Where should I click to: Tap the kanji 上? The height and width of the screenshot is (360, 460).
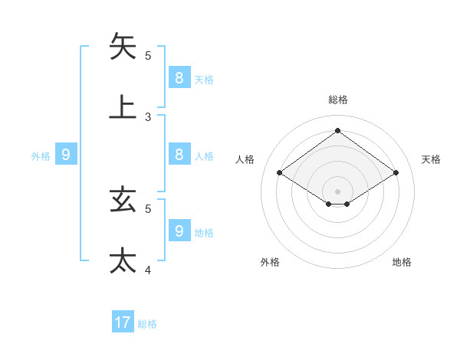tap(123, 106)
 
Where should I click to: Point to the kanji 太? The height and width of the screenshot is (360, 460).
tap(123, 260)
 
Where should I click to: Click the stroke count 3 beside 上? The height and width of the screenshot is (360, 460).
tap(148, 117)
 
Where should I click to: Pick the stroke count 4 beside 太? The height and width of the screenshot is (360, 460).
tap(148, 270)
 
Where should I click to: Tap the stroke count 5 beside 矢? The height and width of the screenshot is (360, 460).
tap(148, 56)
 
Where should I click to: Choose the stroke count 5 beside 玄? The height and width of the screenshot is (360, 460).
tap(148, 208)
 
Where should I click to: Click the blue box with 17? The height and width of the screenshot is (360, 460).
tap(123, 322)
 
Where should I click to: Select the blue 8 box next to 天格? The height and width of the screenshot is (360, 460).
tap(179, 77)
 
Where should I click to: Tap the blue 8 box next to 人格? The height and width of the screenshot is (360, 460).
tap(179, 154)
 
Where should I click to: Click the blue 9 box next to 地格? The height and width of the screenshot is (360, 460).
tap(179, 230)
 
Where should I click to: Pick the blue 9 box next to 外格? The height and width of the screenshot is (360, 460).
tap(66, 154)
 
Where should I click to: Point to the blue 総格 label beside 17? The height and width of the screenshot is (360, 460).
tap(147, 324)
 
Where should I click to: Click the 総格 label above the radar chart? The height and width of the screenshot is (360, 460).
tap(337, 100)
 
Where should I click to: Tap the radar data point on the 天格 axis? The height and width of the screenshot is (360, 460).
tap(396, 173)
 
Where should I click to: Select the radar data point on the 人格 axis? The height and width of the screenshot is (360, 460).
tap(280, 173)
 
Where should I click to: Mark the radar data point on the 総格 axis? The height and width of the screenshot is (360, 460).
tap(337, 130)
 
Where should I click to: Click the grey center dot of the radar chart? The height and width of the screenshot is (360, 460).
tap(337, 191)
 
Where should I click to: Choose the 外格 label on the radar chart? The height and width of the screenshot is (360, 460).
tap(270, 262)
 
